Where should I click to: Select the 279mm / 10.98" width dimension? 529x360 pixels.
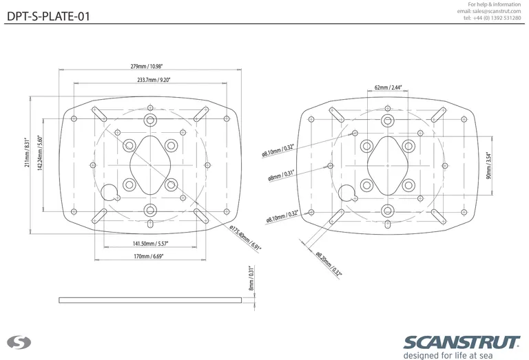150,67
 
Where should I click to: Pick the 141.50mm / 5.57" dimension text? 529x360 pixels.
151,244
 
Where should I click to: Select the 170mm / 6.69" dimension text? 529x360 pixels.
151,256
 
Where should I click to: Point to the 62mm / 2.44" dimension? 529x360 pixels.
388,88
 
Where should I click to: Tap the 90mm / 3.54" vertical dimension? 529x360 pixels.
488,165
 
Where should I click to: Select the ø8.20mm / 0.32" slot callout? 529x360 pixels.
329,264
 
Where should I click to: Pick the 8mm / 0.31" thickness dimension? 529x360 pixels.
251,278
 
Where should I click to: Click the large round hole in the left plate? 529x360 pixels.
110,192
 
